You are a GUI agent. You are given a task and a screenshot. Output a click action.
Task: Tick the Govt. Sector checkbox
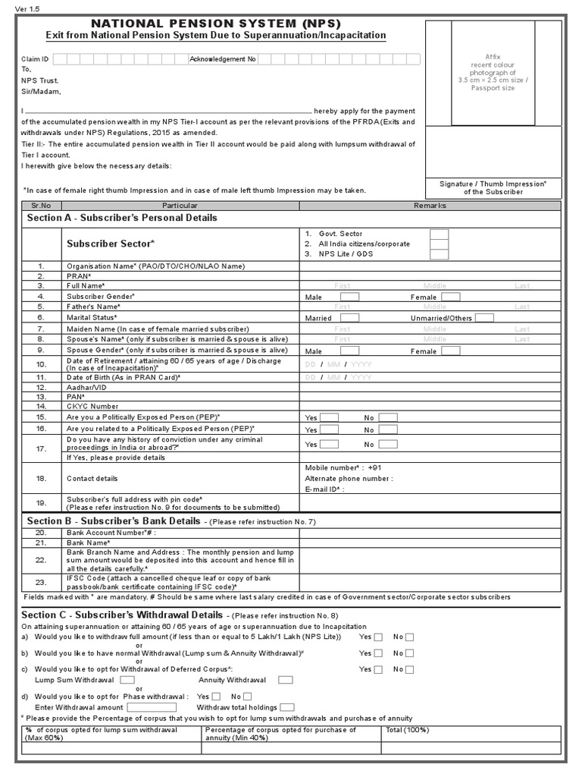click(439, 234)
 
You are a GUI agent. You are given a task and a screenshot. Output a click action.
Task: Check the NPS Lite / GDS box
click(439, 254)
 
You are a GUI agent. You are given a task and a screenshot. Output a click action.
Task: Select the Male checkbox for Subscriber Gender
click(349, 297)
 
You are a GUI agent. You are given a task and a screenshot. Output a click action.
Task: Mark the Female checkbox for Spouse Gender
click(451, 351)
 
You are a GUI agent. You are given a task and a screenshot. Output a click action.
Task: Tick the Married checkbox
click(349, 318)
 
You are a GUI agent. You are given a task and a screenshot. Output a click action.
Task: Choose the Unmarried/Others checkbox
click(484, 318)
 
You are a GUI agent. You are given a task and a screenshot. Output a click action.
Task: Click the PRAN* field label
click(79, 276)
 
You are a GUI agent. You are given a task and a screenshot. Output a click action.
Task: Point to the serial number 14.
click(41, 406)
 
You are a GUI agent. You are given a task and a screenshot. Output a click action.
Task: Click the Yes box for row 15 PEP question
click(329, 417)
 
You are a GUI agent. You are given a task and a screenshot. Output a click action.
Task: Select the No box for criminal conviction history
click(388, 444)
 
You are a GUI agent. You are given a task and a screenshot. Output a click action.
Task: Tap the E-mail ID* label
click(324, 489)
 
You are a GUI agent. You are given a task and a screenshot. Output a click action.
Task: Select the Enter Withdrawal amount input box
click(152, 707)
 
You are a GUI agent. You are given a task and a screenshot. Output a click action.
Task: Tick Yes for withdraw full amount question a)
click(378, 637)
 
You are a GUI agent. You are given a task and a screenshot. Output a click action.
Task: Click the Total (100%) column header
click(407, 730)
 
